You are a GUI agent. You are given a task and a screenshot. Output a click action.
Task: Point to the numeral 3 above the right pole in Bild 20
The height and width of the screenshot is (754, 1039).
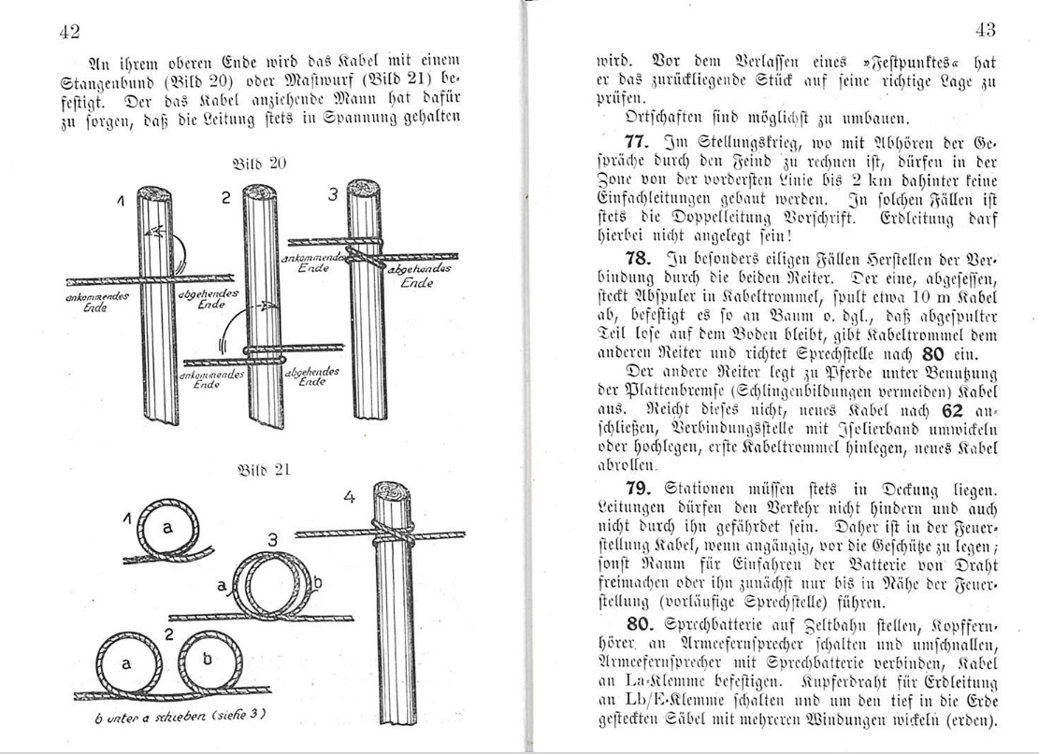[331, 195]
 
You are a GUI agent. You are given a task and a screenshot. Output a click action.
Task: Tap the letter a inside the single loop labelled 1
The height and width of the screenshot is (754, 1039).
[167, 528]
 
